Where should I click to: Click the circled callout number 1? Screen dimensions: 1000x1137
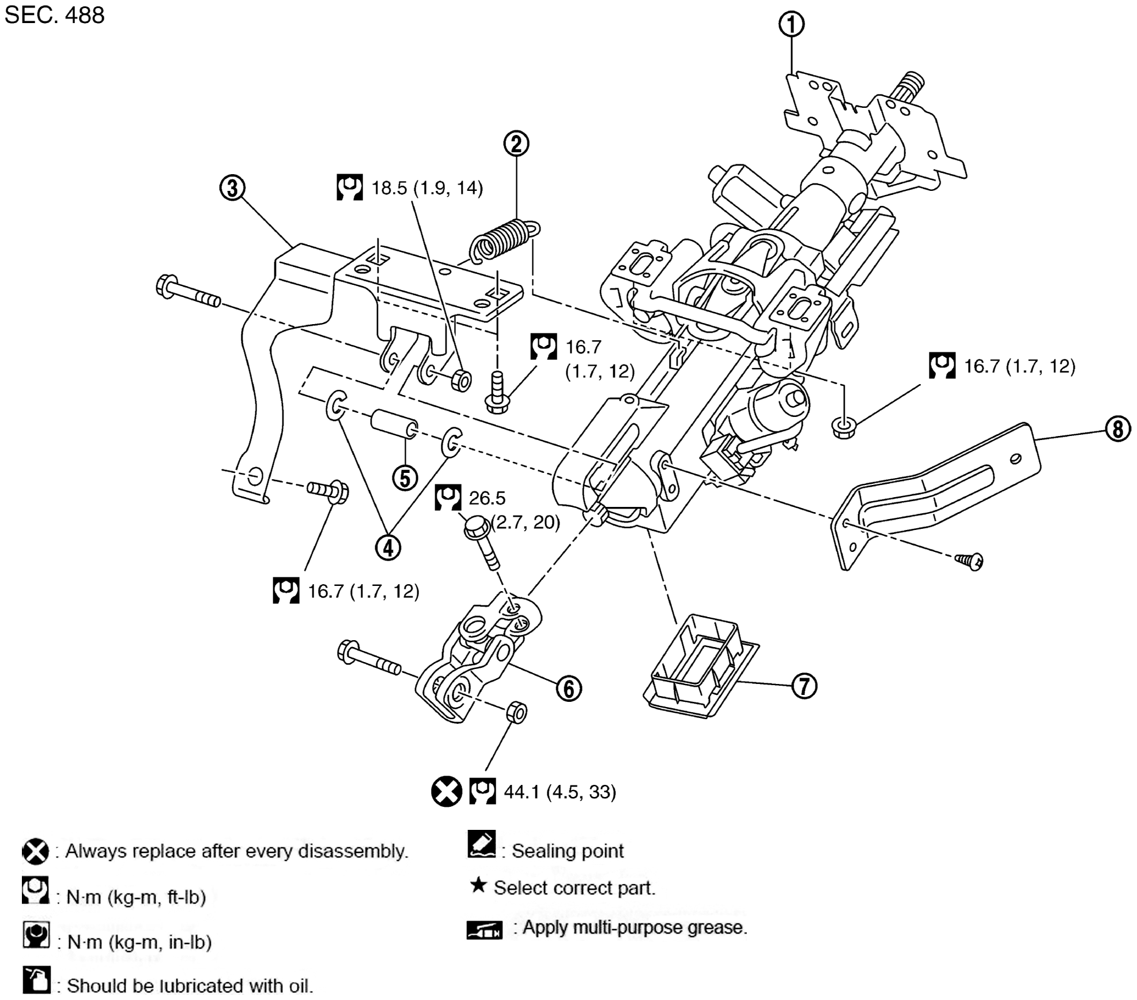[791, 24]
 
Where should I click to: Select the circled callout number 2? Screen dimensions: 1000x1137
[516, 144]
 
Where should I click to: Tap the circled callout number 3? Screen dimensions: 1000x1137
[232, 188]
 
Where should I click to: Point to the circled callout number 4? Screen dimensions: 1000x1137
[388, 547]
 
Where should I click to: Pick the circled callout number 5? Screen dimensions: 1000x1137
[405, 478]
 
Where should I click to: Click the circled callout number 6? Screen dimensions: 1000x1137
[568, 688]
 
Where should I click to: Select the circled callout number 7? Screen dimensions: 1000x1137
[804, 686]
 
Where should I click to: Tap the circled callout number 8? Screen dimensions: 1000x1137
[1117, 429]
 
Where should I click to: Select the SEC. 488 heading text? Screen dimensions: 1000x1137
[55, 15]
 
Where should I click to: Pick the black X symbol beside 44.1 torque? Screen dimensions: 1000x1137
[446, 791]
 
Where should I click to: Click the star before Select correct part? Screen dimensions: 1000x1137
[478, 885]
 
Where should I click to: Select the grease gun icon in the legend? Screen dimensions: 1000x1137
[484, 930]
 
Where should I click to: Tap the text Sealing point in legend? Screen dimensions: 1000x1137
[568, 851]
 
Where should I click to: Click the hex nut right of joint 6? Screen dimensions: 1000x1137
[516, 712]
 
